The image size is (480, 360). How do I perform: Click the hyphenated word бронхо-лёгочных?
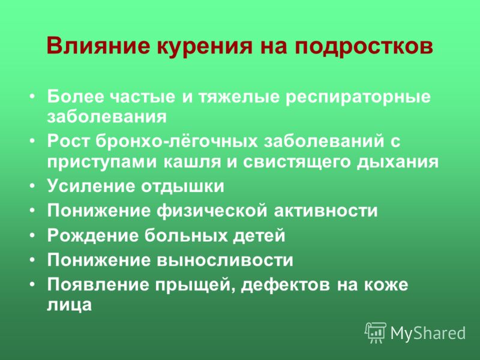point(176,141)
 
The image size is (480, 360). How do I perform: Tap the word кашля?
point(192,161)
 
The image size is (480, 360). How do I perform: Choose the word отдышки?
point(183,186)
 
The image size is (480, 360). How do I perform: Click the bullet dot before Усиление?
point(32,186)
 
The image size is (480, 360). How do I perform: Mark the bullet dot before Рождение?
point(32,236)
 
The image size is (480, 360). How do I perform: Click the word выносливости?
point(225,260)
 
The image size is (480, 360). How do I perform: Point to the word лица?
point(70,305)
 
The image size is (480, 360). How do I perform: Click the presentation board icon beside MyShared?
point(376,333)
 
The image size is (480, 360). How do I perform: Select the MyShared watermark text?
point(428,333)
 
